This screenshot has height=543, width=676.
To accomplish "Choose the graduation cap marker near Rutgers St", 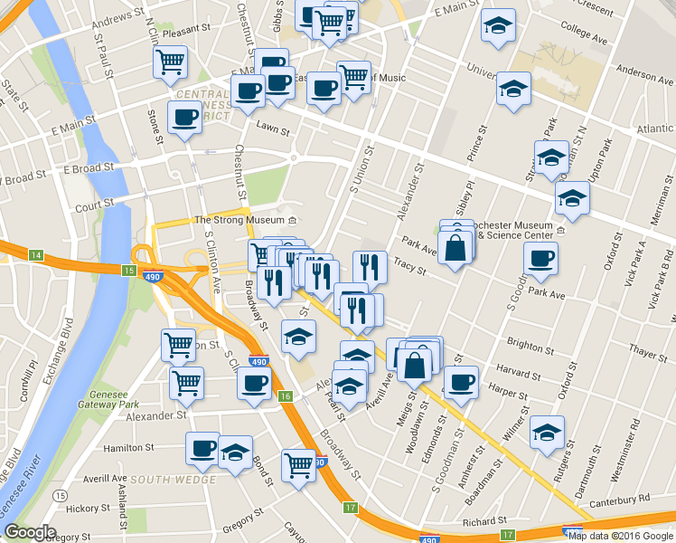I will tap(547, 433).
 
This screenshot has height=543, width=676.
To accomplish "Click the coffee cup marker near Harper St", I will tap(462, 382).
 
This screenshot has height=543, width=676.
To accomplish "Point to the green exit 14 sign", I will tap(36, 255).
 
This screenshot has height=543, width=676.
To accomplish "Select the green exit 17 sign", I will tap(351, 508).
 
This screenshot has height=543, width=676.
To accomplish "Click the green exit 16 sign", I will tap(286, 396).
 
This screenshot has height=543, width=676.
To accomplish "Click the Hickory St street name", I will tap(94, 508).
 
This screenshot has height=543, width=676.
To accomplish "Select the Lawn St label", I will tap(272, 130).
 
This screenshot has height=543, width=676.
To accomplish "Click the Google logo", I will tap(30, 533).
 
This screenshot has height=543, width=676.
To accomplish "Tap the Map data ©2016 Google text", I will tap(620, 535).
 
